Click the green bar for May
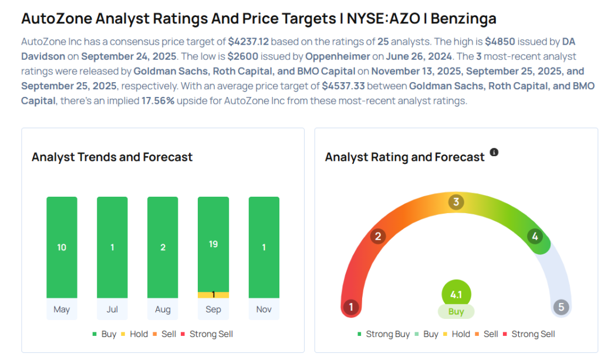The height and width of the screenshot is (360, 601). click(x=62, y=247)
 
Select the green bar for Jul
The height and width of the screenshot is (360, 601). click(x=112, y=247)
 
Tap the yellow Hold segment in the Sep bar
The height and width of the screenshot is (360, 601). click(x=213, y=295)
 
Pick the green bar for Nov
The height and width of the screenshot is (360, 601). click(x=264, y=247)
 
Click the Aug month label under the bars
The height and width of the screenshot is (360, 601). click(x=163, y=309)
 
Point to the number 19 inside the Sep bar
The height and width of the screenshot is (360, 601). click(x=213, y=244)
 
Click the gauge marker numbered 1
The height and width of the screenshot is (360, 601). click(x=351, y=307)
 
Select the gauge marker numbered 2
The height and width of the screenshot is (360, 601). click(x=379, y=237)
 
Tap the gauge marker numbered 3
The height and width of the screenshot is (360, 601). click(x=455, y=203)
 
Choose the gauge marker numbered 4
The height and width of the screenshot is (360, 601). click(x=535, y=237)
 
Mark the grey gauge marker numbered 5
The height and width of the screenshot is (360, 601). click(x=561, y=307)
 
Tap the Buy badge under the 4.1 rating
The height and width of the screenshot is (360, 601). click(x=456, y=312)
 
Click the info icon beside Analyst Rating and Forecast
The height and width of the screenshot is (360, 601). click(x=494, y=152)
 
